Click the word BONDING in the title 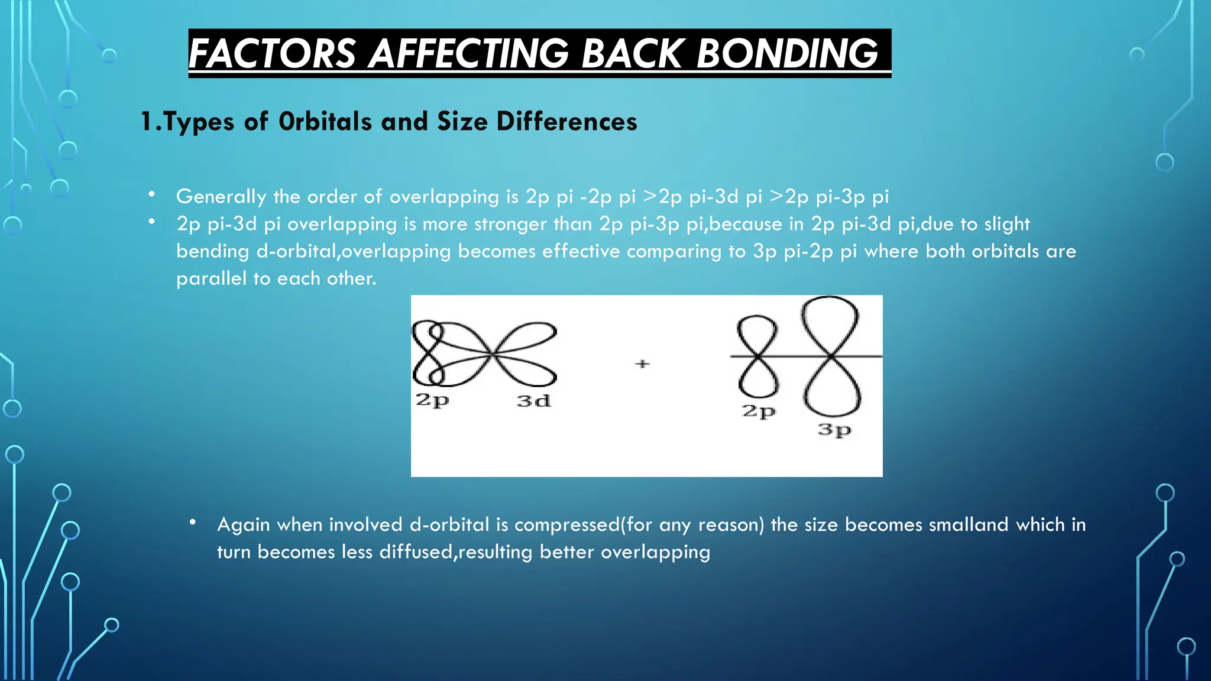786,53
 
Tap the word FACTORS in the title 272,53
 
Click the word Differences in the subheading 566,121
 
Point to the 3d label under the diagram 533,401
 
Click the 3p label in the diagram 834,430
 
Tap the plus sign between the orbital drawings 642,364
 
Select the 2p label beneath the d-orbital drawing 432,400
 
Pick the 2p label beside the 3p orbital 759,411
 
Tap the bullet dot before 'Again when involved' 193,522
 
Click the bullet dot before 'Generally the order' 152,194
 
